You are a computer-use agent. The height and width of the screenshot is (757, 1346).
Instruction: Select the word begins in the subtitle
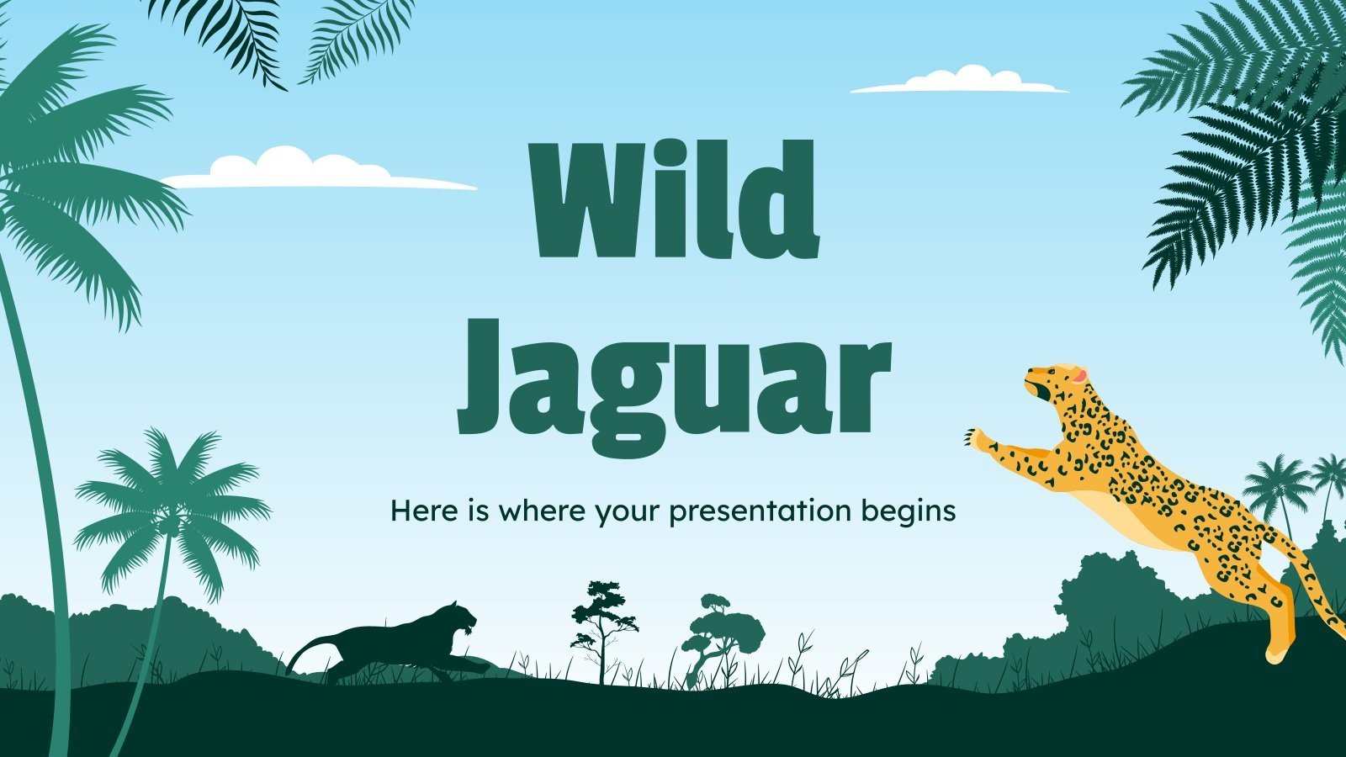[914, 511]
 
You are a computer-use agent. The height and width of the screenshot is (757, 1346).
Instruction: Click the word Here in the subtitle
[416, 510]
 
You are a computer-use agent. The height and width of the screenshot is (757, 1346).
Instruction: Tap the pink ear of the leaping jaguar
[1078, 375]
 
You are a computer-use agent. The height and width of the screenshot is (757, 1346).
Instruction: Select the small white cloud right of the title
[959, 81]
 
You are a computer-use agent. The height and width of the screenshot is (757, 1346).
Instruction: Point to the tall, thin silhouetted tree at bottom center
[602, 622]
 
